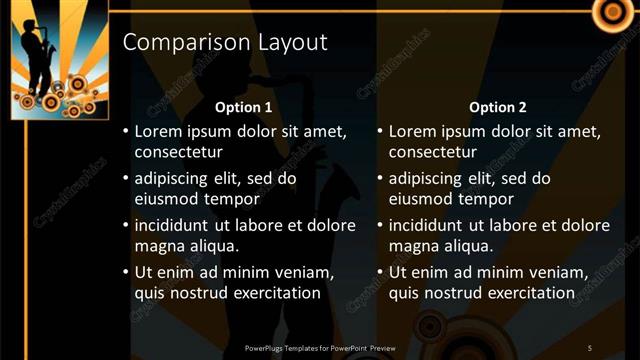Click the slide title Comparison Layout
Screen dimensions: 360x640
pos(224,43)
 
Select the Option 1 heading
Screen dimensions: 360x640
pos(244,107)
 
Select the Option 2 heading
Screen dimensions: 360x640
pos(497,107)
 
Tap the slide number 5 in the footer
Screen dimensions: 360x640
pos(590,347)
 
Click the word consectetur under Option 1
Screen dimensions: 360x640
pos(178,153)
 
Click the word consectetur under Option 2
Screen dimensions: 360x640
pos(432,153)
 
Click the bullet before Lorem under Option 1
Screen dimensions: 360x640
pos(125,131)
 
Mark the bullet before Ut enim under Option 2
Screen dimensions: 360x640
pos(379,272)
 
